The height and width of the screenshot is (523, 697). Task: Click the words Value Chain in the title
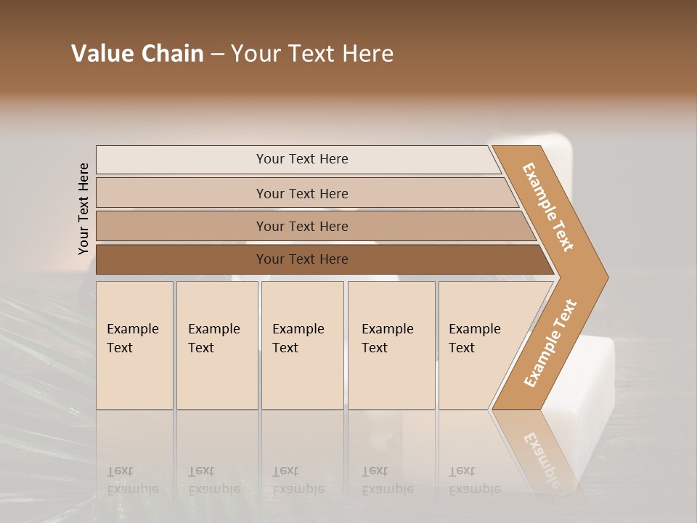pos(137,54)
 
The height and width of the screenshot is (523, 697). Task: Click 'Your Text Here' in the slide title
pos(312,54)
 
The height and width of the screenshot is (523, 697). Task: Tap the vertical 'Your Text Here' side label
pos(83,208)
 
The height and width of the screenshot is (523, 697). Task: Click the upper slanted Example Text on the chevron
pos(548,207)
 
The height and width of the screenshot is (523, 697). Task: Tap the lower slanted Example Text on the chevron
pos(550,344)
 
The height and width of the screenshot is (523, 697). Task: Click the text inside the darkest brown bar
pos(302,259)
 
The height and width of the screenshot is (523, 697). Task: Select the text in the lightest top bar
pos(302,159)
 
